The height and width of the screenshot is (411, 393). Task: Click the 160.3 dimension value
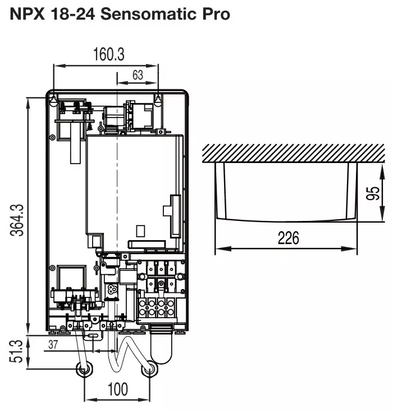108,55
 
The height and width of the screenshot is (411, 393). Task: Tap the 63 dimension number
138,75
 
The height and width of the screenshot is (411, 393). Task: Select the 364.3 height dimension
17,220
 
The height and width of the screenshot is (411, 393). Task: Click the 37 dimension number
53,345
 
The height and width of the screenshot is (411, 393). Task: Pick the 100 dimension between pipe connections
118,389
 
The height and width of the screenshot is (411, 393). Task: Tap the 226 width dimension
289,238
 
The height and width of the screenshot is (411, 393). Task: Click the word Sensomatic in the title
148,14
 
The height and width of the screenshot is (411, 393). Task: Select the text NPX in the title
27,14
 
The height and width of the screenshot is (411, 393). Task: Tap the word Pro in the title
216,14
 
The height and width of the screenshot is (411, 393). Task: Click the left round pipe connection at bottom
84,369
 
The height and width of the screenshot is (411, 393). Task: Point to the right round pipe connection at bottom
149,369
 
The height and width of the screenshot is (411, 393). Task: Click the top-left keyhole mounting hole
53,100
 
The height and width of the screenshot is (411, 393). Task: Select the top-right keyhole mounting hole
158,101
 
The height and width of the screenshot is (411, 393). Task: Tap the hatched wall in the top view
293,153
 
